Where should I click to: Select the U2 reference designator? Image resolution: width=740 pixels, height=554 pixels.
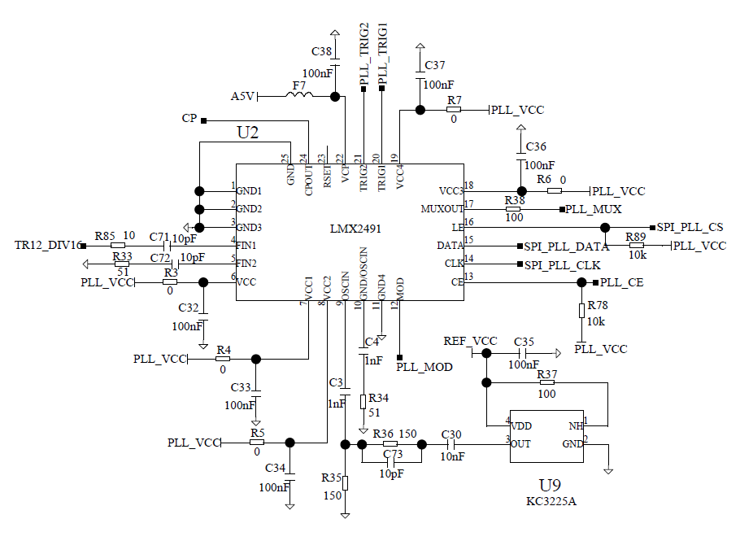[248, 133]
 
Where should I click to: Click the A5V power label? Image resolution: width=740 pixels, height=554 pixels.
[243, 97]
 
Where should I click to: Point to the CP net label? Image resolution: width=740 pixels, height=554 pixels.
[189, 119]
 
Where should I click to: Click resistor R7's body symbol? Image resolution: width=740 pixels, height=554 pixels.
[454, 110]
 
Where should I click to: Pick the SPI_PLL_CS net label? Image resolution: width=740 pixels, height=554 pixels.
[690, 227]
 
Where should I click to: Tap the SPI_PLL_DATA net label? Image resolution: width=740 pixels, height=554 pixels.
[567, 246]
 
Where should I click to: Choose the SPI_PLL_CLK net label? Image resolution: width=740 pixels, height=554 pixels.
[562, 264]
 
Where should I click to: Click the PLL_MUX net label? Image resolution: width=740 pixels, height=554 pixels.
[594, 210]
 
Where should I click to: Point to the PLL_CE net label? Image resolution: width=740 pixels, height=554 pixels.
[622, 282]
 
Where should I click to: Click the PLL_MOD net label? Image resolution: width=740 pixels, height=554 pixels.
[424, 368]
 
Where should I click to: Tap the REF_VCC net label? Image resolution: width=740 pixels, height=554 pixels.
[470, 341]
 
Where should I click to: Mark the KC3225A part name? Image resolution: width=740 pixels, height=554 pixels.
[551, 501]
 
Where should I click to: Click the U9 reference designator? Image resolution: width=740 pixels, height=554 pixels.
[551, 485]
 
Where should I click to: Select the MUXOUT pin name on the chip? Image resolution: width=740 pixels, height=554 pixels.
[442, 209]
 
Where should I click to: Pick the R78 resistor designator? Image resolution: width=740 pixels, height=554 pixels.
[598, 304]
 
